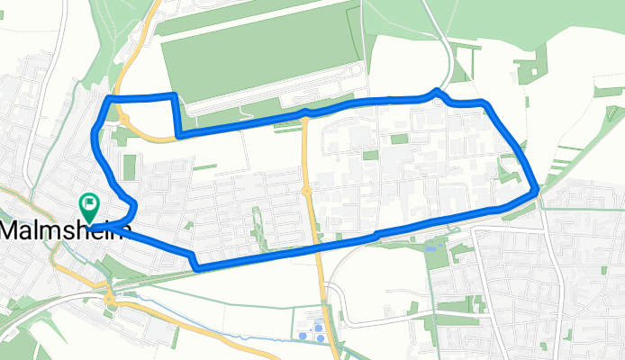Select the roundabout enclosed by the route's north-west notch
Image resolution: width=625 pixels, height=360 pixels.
124,119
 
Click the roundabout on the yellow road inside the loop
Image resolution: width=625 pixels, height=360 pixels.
306,191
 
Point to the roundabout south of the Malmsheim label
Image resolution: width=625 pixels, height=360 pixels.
109,296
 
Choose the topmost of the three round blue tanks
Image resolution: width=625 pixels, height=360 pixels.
318,328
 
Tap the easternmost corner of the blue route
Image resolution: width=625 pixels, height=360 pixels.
537,190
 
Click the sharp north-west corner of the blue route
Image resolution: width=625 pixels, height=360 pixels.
109,97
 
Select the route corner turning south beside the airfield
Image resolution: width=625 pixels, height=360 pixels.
172,94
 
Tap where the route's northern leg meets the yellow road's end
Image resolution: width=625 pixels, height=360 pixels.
306,112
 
